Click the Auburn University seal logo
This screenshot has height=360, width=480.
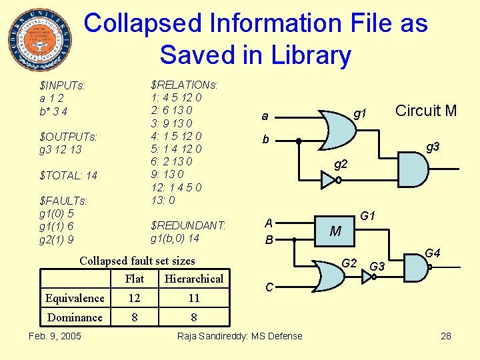coord(39,39)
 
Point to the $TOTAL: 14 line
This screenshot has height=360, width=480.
coord(69,175)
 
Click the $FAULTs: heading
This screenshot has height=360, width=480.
coord(64,201)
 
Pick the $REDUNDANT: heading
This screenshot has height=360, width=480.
coord(189,225)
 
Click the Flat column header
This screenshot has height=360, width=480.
coord(135,279)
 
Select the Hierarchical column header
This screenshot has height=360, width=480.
coord(194,279)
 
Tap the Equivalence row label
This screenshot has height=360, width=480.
coord(75,298)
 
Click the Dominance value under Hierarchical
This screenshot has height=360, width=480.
coord(194,317)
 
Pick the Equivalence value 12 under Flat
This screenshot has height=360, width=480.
coord(135,298)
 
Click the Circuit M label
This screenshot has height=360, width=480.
coord(426,111)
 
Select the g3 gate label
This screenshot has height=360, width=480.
coord(433,146)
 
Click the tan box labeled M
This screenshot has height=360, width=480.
coord(335,231)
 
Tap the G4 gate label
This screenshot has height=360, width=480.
coord(433,253)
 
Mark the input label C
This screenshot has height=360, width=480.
coord(269,287)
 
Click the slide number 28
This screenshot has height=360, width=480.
coord(446,336)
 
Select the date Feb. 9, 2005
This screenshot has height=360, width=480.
coord(55,335)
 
